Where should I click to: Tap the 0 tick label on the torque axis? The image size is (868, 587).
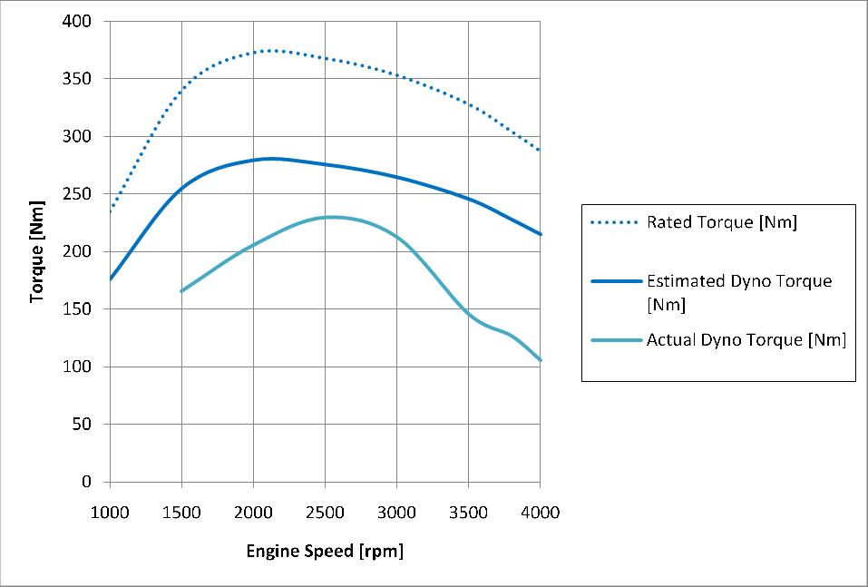click(x=87, y=482)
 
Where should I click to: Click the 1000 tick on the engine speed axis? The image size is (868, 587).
click(x=110, y=512)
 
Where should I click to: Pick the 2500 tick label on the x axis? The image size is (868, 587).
click(x=326, y=512)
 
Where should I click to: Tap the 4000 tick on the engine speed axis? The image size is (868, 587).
click(x=541, y=512)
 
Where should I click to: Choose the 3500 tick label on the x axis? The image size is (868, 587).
click(x=469, y=512)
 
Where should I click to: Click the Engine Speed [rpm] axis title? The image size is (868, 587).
click(x=325, y=551)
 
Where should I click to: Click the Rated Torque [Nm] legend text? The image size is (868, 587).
click(x=721, y=222)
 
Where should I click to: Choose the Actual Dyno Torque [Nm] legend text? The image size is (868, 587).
click(x=746, y=340)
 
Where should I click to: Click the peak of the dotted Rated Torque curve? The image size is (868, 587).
click(x=271, y=50)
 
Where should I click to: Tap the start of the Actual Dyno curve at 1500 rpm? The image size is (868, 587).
click(x=181, y=291)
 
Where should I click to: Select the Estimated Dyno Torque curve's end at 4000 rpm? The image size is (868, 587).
click(x=541, y=234)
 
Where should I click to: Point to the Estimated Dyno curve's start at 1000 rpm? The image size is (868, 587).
click(x=110, y=279)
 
